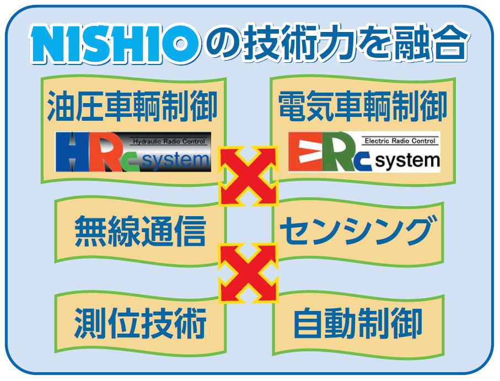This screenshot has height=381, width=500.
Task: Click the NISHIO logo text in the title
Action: coord(115,44)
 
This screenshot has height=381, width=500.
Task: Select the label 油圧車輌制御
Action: coord(132,106)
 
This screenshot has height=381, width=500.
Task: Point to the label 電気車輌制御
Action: coord(363,106)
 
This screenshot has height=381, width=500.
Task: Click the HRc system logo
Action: coord(133,152)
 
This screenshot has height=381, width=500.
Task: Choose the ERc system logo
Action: coord(364,152)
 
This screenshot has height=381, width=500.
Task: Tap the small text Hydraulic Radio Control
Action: coord(168,141)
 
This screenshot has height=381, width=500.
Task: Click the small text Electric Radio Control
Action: coord(400,141)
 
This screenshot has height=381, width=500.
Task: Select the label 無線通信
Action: coord(140,231)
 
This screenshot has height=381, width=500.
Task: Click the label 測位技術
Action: coord(140,323)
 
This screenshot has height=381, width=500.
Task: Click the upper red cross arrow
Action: coord(248,175)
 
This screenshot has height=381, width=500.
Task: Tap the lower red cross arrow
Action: coord(248,272)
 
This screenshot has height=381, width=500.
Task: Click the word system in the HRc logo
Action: coord(176,162)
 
